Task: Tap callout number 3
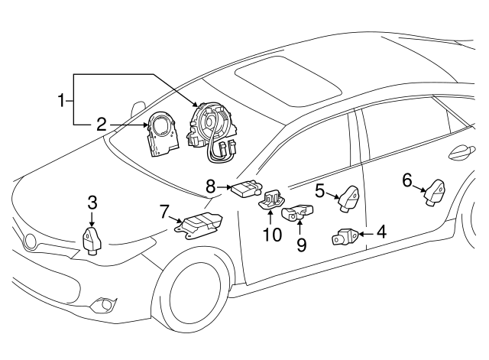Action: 92,203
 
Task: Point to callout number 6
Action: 406,181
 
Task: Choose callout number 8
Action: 211,184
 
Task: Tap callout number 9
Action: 301,244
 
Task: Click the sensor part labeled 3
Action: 92,240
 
